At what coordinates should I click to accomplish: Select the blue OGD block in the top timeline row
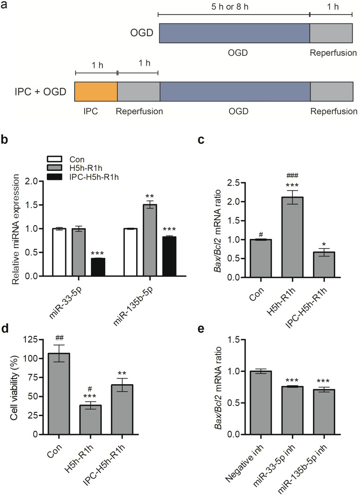[x=234, y=32]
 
